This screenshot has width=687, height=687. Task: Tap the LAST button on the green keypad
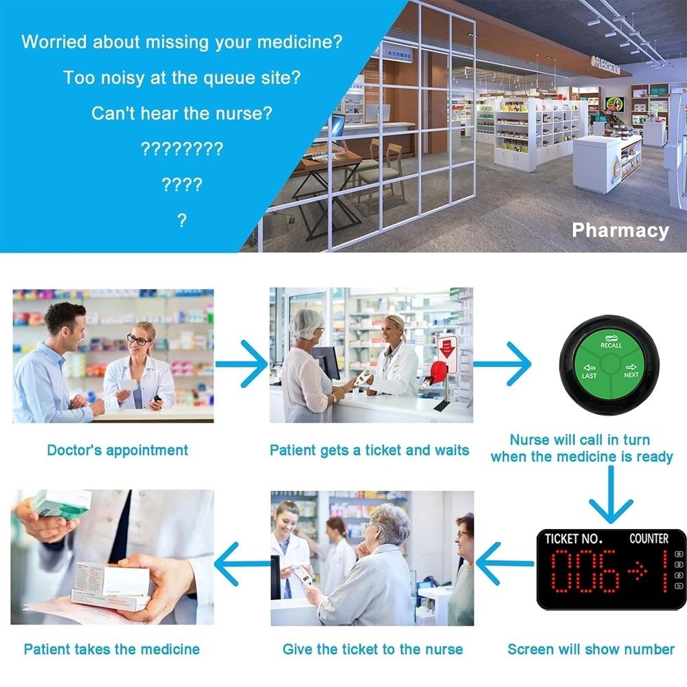coord(589,372)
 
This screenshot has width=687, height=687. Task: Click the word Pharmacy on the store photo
coord(620,230)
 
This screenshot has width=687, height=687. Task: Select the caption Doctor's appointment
coord(117,450)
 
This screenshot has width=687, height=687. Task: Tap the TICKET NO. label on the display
coord(573,539)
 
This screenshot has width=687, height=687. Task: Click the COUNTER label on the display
coord(649,539)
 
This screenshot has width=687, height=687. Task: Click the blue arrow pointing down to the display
coord(610,495)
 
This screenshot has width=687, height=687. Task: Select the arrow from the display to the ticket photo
coord(504,563)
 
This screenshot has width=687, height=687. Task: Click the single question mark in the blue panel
coord(182,220)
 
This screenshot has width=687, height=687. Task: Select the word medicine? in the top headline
coord(300,42)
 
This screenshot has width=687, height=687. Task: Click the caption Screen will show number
coord(591,649)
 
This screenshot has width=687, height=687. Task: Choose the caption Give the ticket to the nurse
coord(372,649)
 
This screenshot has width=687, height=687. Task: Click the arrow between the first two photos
coord(241,363)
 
